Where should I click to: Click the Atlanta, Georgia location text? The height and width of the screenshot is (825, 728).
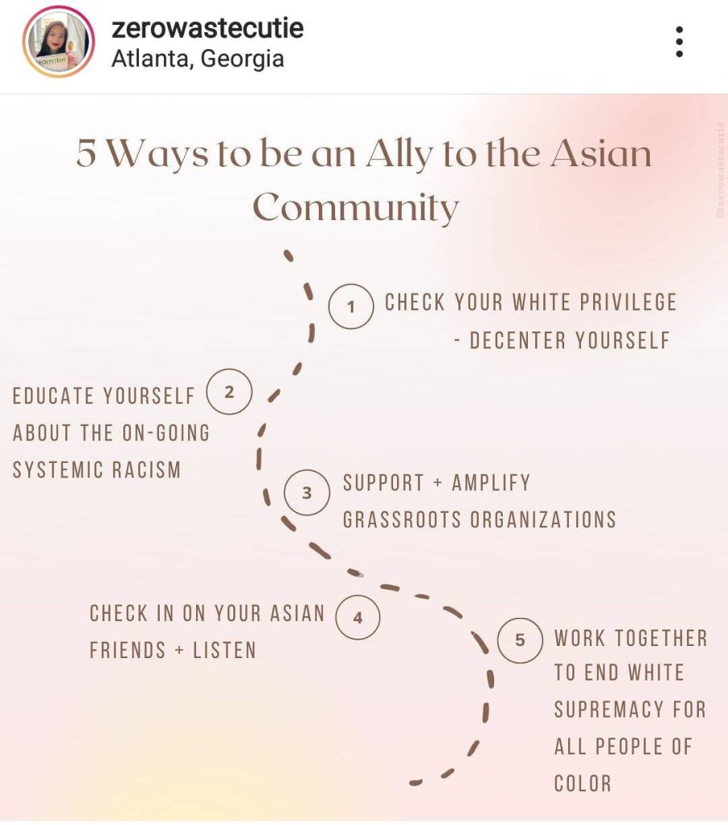[198, 59]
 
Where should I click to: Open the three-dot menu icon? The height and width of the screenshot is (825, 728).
[680, 42]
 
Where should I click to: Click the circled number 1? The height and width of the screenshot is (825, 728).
[351, 306]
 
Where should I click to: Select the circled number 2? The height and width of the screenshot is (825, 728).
[230, 393]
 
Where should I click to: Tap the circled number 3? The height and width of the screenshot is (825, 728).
[307, 491]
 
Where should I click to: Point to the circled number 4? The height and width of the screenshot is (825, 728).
[358, 618]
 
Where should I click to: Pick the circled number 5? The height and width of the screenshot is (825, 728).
[520, 640]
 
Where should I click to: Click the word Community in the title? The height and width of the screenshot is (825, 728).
[356, 208]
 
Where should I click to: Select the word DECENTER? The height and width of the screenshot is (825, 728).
[517, 340]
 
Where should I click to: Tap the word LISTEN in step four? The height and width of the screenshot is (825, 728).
[224, 650]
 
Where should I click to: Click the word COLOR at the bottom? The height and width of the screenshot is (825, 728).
[583, 783]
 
